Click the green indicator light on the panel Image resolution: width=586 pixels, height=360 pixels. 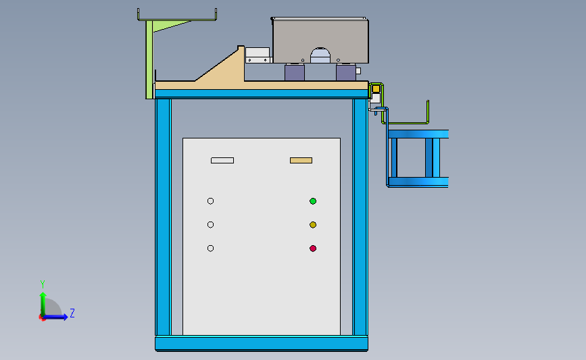[313, 201]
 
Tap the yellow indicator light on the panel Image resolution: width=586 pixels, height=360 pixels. [313, 225]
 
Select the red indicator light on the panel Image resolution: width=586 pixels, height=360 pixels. [313, 249]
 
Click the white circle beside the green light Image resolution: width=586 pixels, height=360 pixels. [210, 201]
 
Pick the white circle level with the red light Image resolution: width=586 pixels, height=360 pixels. [210, 249]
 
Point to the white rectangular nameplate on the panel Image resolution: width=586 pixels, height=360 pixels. [222, 161]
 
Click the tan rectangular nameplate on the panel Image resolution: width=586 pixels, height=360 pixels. [301, 161]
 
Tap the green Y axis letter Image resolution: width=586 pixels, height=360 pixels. [42, 284]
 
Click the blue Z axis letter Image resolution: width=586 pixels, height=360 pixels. [72, 313]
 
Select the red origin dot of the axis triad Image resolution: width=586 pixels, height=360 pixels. [42, 317]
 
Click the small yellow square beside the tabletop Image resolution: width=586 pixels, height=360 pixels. [376, 88]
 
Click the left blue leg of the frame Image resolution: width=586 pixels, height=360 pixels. [163, 216]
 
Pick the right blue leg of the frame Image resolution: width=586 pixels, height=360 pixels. [360, 216]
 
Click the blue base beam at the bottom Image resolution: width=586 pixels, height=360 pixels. [262, 344]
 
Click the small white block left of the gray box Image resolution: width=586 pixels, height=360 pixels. [258, 53]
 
